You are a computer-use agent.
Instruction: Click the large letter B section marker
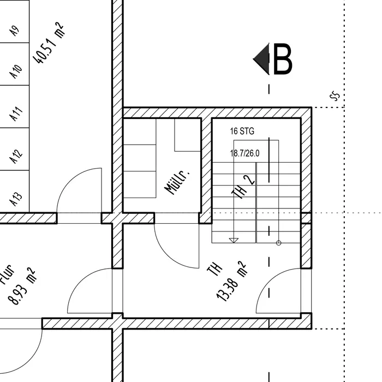coord(283,59)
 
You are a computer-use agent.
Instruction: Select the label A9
coord(15,31)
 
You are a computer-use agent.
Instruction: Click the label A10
coord(16,70)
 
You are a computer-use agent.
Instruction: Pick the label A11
coord(16,114)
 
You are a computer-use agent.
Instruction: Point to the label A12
coord(16,157)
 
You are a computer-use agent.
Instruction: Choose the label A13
coord(16,199)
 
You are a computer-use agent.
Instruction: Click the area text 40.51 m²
coord(50,44)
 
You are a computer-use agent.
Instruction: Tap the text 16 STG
coord(242,132)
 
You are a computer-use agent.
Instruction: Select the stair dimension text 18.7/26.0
coord(245,154)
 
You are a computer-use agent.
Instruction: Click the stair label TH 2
coord(244,188)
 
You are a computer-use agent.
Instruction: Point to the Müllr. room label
coord(177,182)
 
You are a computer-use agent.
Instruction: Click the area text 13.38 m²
coord(231,281)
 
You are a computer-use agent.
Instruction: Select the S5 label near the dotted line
coord(335,97)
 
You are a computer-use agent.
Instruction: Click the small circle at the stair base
coord(278,242)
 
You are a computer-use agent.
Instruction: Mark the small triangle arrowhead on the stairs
coord(234,240)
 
